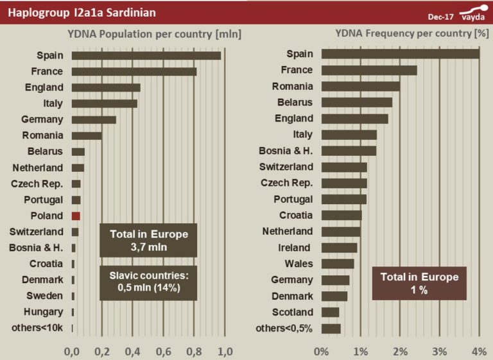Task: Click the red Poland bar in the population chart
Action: pyautogui.click(x=76, y=216)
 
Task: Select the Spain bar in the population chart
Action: pyautogui.click(x=146, y=55)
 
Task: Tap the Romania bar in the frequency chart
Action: pyautogui.click(x=361, y=86)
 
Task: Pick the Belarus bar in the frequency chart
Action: pyautogui.click(x=357, y=102)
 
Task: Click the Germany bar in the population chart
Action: pyautogui.click(x=94, y=119)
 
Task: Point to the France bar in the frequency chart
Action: pyautogui.click(x=369, y=70)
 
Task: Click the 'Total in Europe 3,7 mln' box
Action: pyautogui.click(x=148, y=240)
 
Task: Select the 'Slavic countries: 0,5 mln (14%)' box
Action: pyautogui.click(x=148, y=282)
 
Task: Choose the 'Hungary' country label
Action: pyautogui.click(x=45, y=312)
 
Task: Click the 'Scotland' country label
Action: pyautogui.click(x=293, y=312)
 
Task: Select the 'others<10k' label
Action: pyautogui.click(x=38, y=328)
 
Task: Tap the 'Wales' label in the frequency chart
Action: pyautogui.click(x=299, y=263)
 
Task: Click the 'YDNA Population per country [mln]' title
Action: pyautogui.click(x=154, y=34)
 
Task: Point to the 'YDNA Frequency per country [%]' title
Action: pyautogui.click(x=411, y=34)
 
